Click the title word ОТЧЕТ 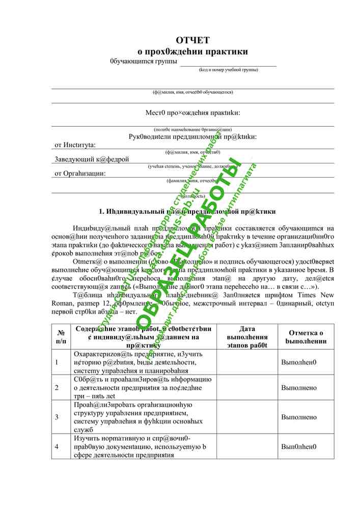pyautogui.click(x=192, y=40)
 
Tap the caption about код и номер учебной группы pyautogui.click(x=229, y=70)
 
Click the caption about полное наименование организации pyautogui.click(x=192, y=130)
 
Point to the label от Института pyautogui.click(x=79, y=145)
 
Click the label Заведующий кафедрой pyautogui.click(x=92, y=159)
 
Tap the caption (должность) pyautogui.click(x=192, y=195)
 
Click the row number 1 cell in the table pyautogui.click(x=57, y=362)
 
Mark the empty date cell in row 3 pyautogui.click(x=246, y=417)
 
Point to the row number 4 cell pyautogui.click(x=57, y=446)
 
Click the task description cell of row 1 pyautogui.click(x=143, y=362)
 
